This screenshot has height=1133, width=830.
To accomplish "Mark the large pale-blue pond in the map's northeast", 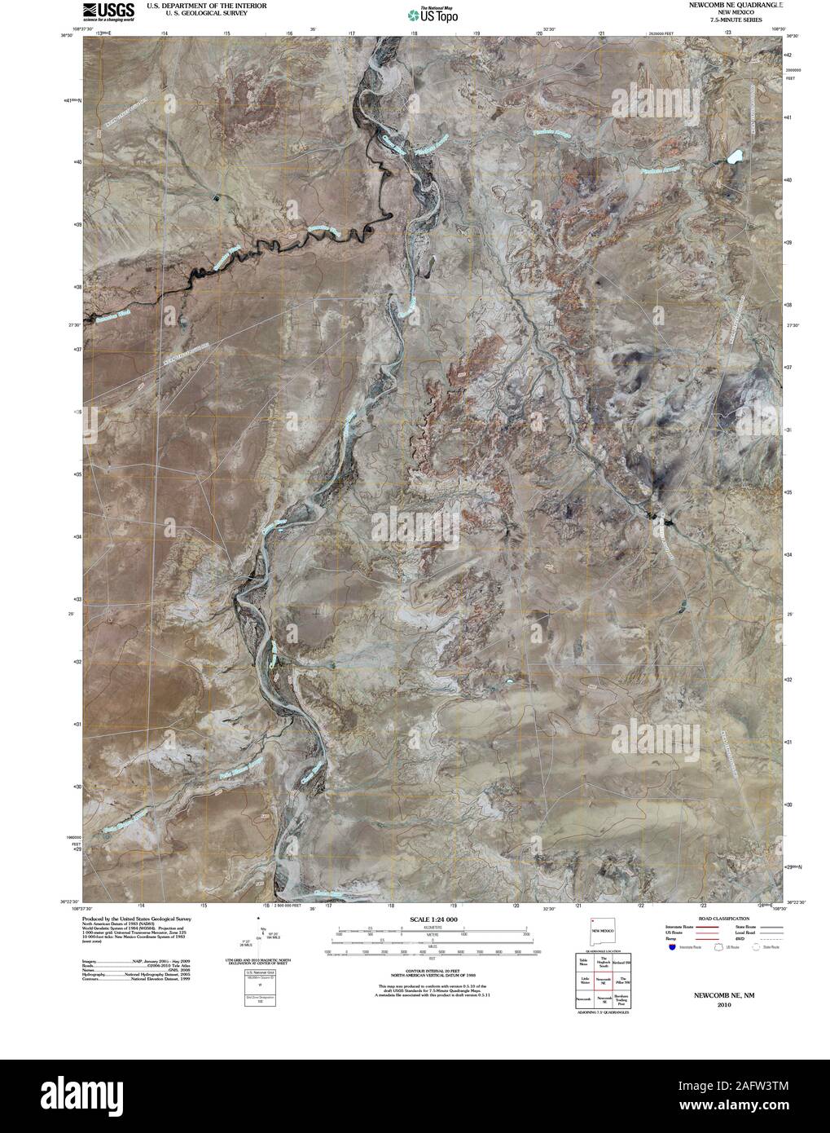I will (736, 155).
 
